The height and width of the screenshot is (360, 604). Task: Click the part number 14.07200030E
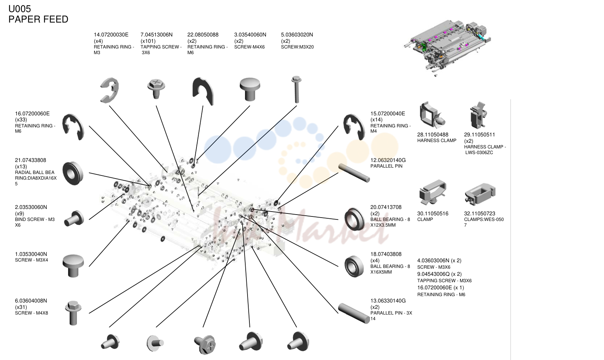click(x=111, y=35)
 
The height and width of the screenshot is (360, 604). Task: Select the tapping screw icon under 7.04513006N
click(x=156, y=88)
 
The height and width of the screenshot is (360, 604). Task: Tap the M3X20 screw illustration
click(x=296, y=89)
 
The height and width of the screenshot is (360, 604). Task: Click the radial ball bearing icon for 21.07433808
click(x=73, y=173)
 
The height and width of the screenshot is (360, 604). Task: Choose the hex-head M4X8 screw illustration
click(x=73, y=313)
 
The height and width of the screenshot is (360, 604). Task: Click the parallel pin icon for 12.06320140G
click(x=354, y=173)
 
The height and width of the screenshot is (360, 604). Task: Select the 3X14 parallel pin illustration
click(x=354, y=313)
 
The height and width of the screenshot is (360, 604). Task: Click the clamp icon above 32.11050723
click(x=480, y=194)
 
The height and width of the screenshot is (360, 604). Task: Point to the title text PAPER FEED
click(x=38, y=20)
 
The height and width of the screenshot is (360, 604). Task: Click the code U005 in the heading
click(x=20, y=9)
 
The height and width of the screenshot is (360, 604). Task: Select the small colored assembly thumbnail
click(x=448, y=48)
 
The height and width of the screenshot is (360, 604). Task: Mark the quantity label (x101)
click(x=148, y=41)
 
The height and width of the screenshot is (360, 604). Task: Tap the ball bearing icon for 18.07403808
click(x=354, y=266)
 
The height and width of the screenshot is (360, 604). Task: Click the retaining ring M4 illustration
click(x=354, y=127)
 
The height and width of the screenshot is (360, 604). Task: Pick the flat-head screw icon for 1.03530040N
click(x=73, y=266)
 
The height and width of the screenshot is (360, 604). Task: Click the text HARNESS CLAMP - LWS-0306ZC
click(x=485, y=150)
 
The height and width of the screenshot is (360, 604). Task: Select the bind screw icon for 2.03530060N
click(x=74, y=218)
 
